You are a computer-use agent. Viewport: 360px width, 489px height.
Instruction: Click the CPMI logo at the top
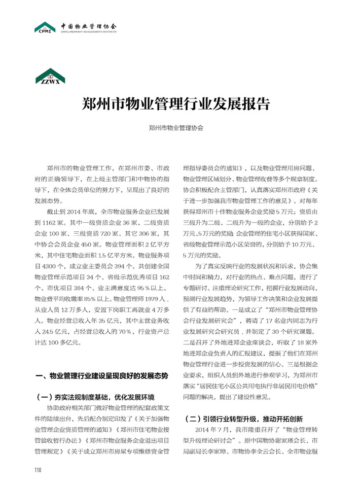click(45, 27)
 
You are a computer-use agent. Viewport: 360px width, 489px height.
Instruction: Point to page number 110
click(38, 469)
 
